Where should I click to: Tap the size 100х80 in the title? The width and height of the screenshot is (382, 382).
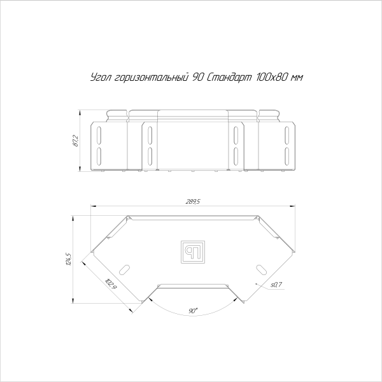tap(266, 78)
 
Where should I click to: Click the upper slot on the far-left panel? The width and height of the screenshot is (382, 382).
tap(100, 134)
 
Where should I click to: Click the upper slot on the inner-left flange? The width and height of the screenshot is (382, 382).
tap(149, 135)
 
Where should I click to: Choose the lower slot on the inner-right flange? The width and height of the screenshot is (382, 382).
tap(236, 155)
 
